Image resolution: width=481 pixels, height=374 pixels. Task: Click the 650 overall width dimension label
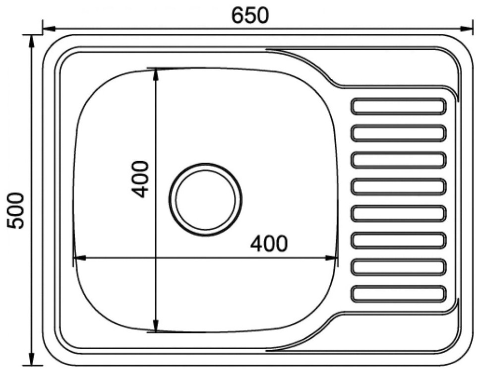click(250, 15)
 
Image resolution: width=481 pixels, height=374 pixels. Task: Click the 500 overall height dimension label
click(16, 210)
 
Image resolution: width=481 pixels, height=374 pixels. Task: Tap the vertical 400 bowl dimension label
click(141, 179)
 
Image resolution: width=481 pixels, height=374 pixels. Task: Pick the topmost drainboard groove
click(398, 106)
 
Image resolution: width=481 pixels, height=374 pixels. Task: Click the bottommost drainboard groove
click(398, 294)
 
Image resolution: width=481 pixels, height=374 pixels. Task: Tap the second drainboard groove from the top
click(398, 133)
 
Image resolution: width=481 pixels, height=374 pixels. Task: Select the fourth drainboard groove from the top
click(398, 187)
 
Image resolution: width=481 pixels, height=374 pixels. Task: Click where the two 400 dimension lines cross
click(156, 258)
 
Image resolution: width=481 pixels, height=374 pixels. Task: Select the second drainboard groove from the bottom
click(398, 267)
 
